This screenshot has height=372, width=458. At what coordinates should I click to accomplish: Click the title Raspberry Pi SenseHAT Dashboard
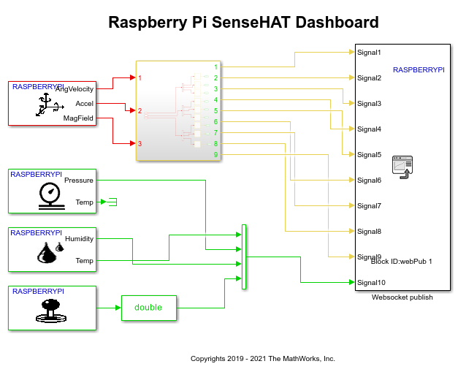(x=243, y=22)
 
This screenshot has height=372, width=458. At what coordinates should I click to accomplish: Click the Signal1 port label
(x=369, y=52)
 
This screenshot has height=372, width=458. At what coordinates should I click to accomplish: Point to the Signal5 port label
(x=369, y=154)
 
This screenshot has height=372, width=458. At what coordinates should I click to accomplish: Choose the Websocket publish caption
(x=402, y=297)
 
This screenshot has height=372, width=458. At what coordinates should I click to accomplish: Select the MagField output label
(x=78, y=118)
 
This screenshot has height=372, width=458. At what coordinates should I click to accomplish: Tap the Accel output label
(x=84, y=104)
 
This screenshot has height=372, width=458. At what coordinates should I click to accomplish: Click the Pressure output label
(x=79, y=180)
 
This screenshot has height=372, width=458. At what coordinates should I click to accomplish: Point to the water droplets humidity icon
(x=50, y=252)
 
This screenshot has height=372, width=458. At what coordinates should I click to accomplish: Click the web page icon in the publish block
(x=402, y=166)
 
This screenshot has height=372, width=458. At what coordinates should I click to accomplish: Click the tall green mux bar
(x=244, y=257)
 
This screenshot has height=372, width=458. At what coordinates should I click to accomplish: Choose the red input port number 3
(x=140, y=144)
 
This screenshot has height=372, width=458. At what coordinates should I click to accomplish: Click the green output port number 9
(x=215, y=154)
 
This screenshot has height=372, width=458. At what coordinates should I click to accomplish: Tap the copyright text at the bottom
(x=262, y=359)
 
